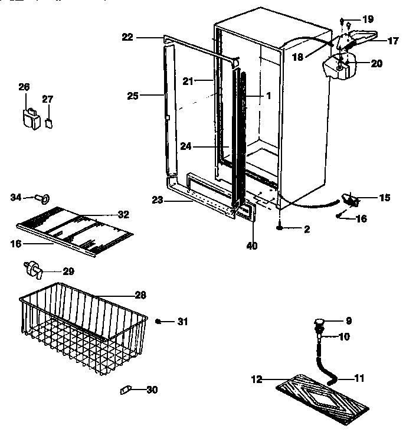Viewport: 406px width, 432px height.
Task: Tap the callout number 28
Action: click(140, 295)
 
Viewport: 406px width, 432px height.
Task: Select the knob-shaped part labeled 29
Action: click(32, 270)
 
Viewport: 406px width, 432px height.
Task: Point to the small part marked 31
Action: click(159, 321)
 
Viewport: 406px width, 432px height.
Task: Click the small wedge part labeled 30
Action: click(125, 390)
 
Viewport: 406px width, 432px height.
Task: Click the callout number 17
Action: click(392, 41)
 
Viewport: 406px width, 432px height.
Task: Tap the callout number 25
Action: click(133, 95)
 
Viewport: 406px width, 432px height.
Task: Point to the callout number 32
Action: click(123, 214)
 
